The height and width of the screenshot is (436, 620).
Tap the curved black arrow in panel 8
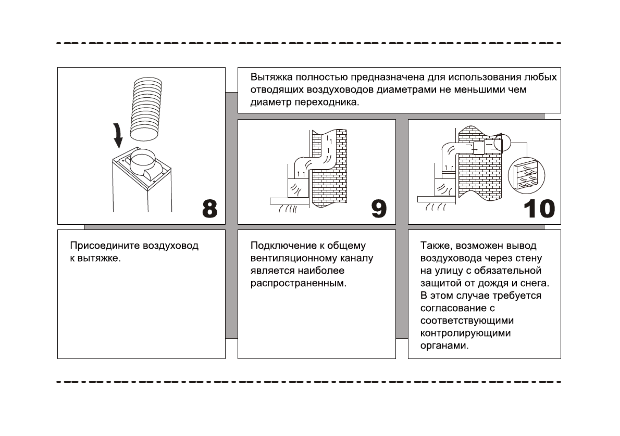[x=119, y=135]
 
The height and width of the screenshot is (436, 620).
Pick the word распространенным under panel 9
[x=298, y=284]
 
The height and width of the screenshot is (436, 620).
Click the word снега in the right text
[x=536, y=283]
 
